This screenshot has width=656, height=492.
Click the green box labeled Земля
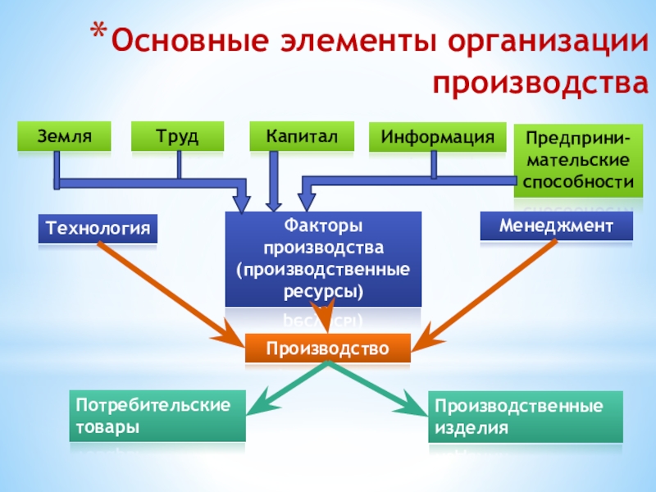click(64, 136)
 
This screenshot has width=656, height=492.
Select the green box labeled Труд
click(178, 136)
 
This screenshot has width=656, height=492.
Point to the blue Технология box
click(97, 229)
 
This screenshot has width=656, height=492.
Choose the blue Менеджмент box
click(557, 225)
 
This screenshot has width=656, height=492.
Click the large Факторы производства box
click(323, 257)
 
